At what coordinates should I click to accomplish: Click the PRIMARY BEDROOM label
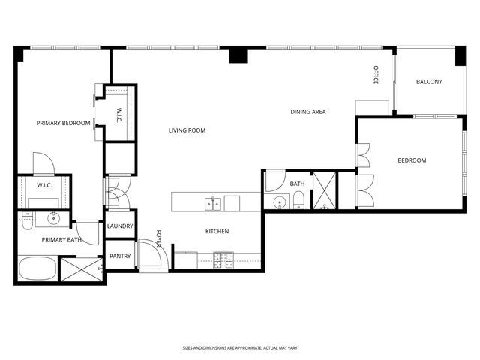[x=64, y=123]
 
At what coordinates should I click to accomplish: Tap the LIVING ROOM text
[x=187, y=130]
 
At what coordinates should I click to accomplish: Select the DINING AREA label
[x=308, y=112]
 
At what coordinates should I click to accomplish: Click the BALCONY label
[x=429, y=82]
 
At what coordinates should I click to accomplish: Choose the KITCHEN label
[x=217, y=231]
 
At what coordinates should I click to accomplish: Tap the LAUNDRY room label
[x=120, y=226]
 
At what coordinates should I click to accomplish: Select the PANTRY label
[x=120, y=256]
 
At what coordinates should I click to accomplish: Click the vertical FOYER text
[x=159, y=238]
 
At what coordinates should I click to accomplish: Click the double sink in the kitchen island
[x=213, y=203]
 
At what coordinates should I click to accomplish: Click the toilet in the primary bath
[x=26, y=221]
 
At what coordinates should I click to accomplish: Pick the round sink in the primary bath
[x=54, y=219]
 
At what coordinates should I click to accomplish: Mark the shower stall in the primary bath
[x=81, y=269]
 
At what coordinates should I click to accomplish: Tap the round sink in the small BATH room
[x=279, y=202]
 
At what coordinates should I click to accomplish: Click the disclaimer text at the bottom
[x=239, y=348]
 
